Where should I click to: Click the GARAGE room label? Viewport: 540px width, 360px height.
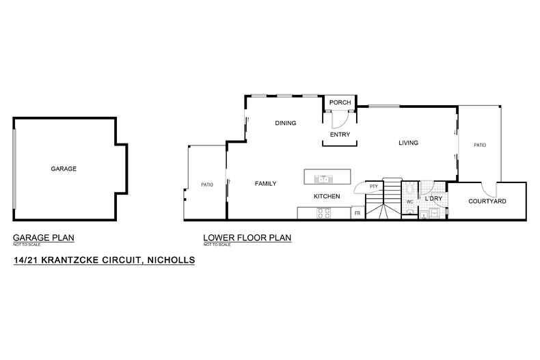64,169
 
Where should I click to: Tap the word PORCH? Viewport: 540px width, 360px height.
340,102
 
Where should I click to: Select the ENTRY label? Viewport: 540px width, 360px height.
340,135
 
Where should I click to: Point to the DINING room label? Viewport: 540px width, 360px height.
286,123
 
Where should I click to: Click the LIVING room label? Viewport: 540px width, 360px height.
409,143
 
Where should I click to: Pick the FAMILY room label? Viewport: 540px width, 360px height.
265,184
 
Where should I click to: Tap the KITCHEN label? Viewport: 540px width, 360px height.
327,196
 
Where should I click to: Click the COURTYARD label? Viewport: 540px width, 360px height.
487,202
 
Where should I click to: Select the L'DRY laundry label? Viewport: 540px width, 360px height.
433,199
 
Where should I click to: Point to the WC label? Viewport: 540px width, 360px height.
410,202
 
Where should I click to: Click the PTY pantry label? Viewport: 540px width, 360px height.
374,186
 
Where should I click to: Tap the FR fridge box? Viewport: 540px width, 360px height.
357,213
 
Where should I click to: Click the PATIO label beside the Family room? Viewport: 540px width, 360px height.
207,185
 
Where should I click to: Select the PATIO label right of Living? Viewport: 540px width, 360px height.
480,146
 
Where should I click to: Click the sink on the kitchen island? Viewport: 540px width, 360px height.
323,179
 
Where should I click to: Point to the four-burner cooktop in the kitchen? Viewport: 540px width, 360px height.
323,213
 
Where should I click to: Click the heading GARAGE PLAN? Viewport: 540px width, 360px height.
43,238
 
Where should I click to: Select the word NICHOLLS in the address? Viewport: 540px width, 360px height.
171,260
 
